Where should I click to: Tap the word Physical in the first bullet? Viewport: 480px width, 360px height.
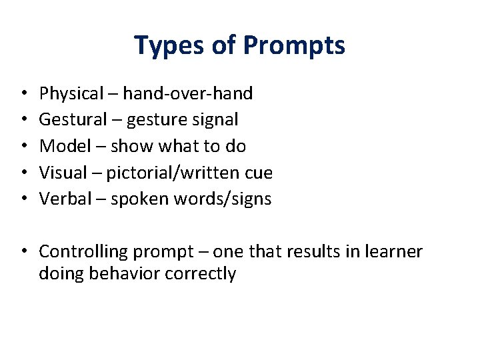69,93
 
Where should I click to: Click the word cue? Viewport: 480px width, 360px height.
258,173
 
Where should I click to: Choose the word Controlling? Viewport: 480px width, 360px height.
83,251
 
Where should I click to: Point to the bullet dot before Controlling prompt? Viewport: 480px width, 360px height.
23,252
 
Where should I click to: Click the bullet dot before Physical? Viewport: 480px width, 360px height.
23,94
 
